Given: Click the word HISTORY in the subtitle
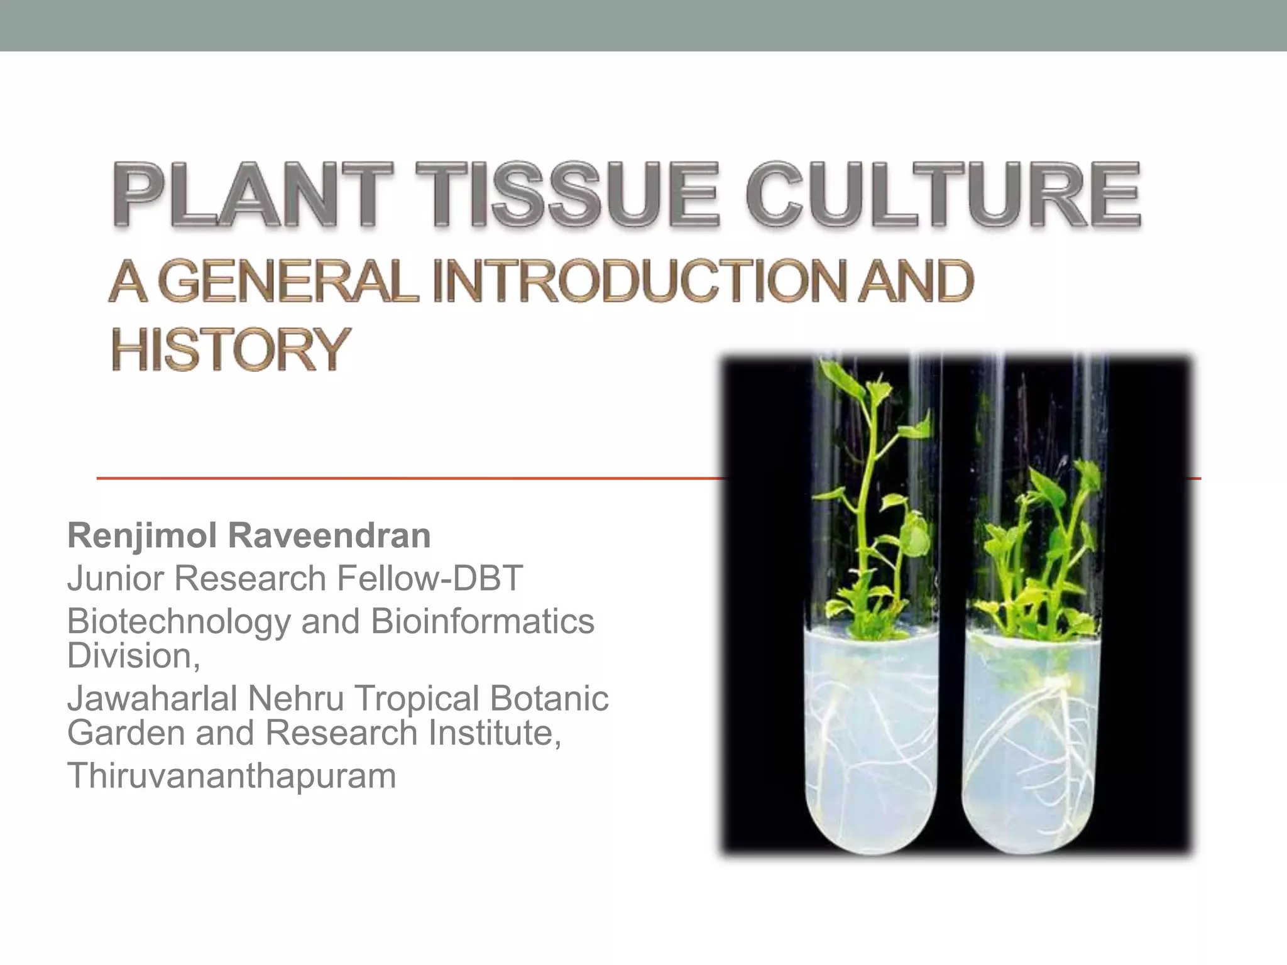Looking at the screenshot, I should click(230, 349).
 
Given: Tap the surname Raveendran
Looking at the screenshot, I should click(329, 536).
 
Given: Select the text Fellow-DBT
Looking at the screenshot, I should click(430, 578).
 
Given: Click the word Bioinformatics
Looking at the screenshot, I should click(483, 621).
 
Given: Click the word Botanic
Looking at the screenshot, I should click(549, 699).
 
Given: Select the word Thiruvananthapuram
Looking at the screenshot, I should click(231, 775).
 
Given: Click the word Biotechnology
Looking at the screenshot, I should click(178, 621).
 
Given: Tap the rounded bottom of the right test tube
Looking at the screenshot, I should click(1031, 829).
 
